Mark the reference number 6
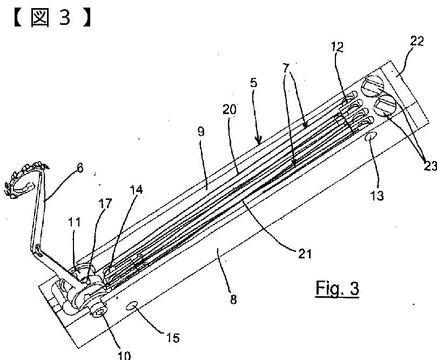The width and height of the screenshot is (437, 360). tap(80, 168)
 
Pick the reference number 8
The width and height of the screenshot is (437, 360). tap(233, 299)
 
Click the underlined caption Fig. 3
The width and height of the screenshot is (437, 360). tap(337, 288)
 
